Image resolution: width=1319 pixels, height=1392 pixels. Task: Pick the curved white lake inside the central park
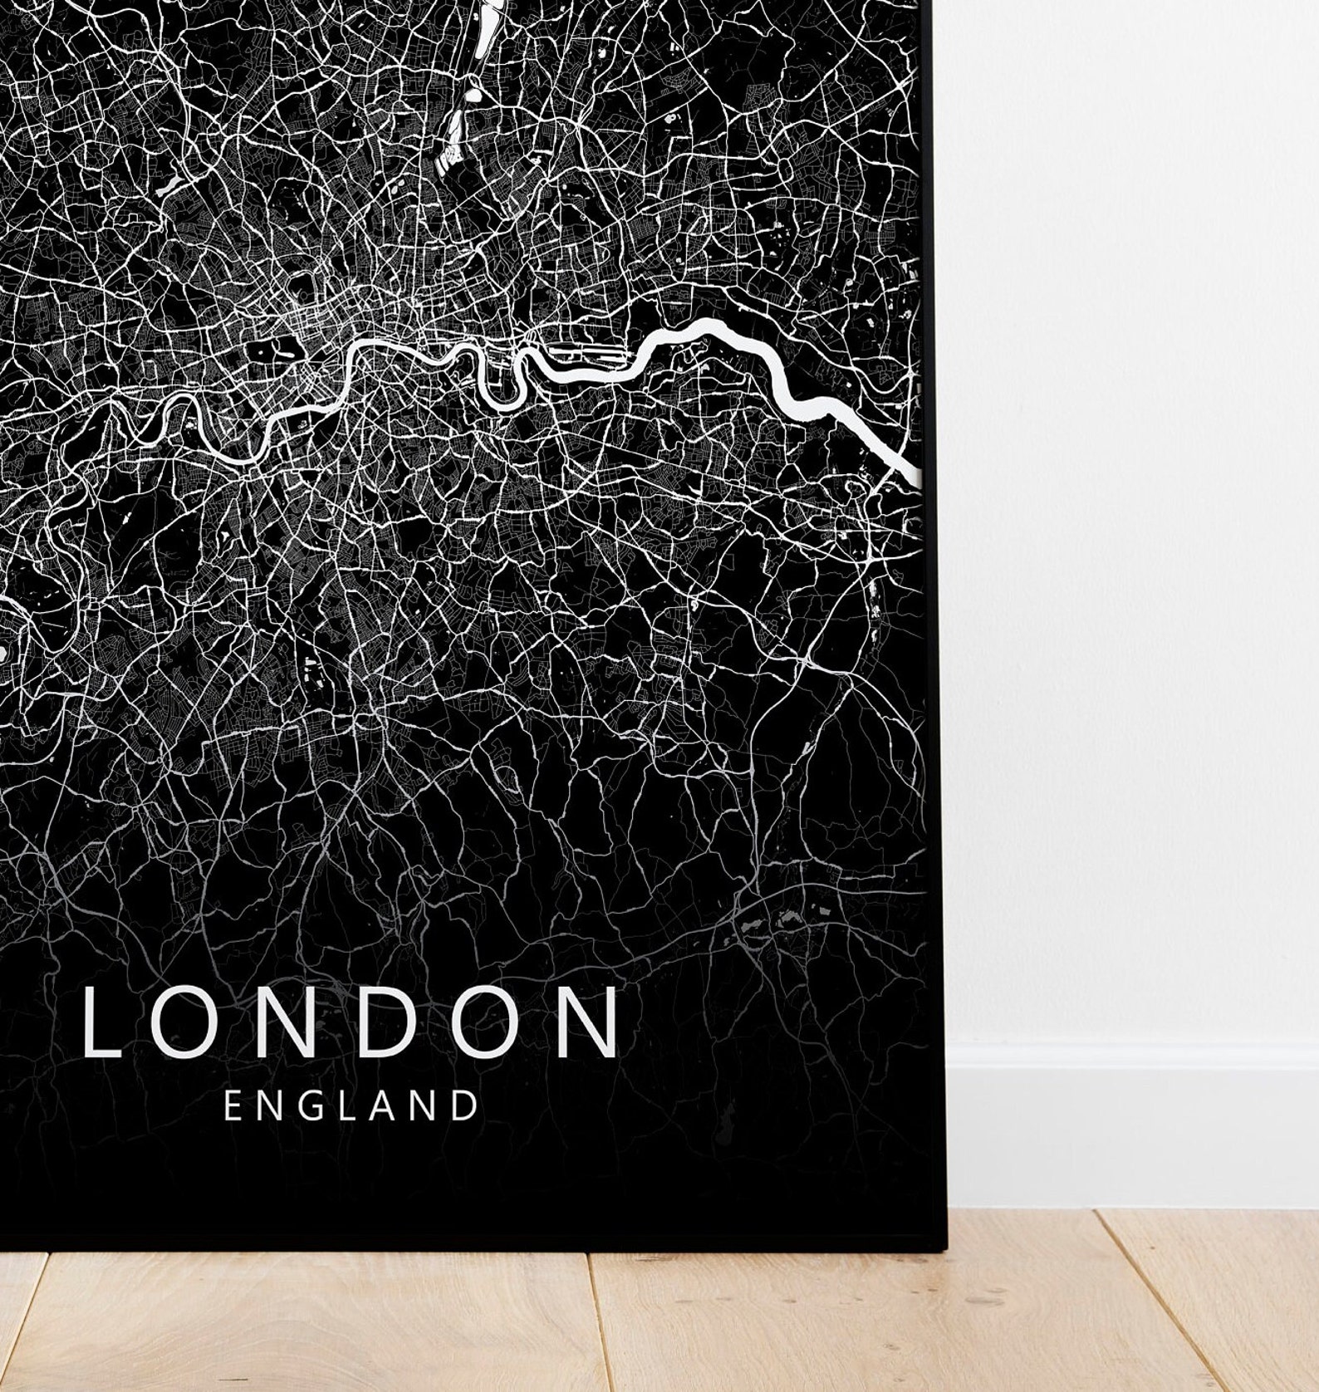[277, 348]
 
